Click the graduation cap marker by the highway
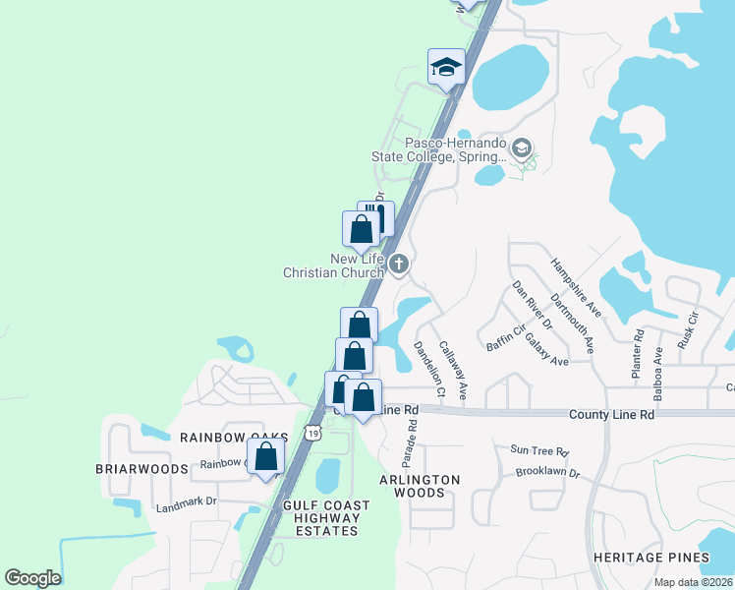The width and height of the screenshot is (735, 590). (x=445, y=68)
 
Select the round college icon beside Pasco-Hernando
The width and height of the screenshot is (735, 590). (x=522, y=148)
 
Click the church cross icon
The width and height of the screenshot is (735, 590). (x=399, y=264)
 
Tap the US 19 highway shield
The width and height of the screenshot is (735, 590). (x=312, y=433)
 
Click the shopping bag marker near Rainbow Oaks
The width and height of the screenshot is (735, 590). (x=265, y=456)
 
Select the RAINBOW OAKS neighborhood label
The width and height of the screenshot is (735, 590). (x=233, y=437)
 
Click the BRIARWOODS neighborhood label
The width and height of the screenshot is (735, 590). (x=141, y=469)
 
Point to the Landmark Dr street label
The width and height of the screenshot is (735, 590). (x=186, y=501)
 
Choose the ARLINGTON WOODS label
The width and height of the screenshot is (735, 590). (x=420, y=486)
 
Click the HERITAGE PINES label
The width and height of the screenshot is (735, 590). (x=650, y=558)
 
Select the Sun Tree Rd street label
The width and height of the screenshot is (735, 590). (x=539, y=451)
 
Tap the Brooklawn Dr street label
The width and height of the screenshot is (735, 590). (x=547, y=473)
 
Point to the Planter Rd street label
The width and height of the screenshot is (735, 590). (x=639, y=346)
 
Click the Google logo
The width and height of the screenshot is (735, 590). (x=32, y=578)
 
